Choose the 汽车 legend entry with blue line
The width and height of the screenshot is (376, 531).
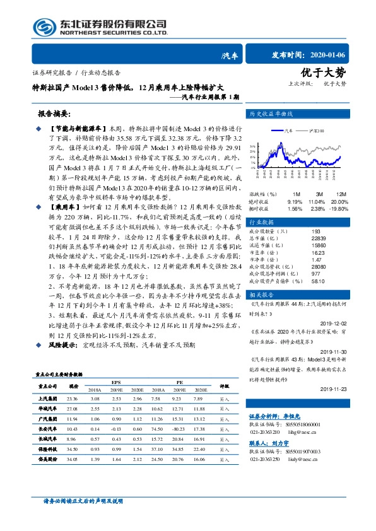(x=286, y=129)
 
